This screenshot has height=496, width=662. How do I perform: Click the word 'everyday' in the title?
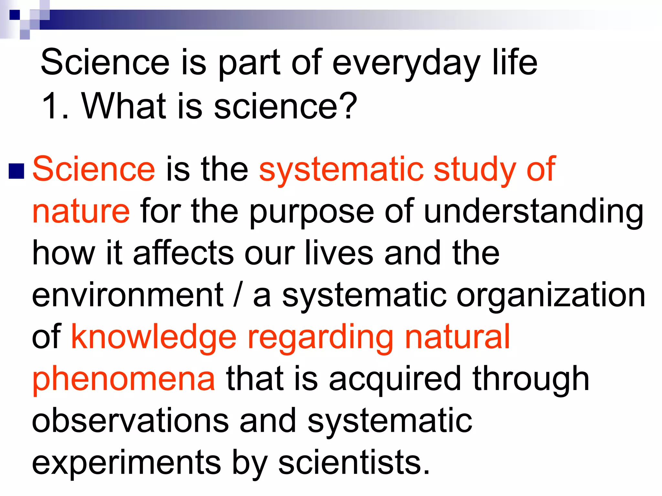point(406,63)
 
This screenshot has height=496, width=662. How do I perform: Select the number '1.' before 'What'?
point(55,106)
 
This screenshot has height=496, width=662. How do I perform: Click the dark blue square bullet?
point(16,171)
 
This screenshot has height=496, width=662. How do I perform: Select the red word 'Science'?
point(94,169)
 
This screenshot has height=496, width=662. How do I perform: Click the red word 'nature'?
point(81,212)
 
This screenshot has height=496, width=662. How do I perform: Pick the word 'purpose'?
point(312,212)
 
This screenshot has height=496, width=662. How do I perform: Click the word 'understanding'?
point(533,212)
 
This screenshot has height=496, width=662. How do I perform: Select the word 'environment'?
point(128,295)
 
